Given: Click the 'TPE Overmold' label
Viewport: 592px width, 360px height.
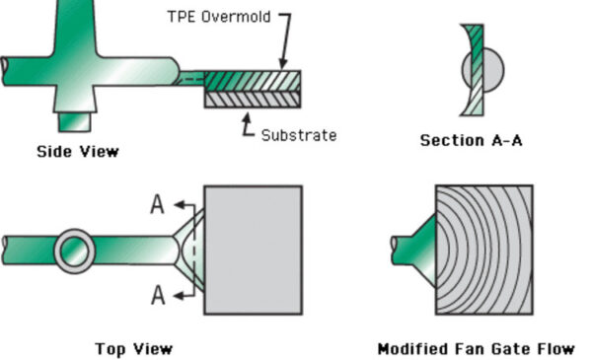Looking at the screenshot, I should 218,17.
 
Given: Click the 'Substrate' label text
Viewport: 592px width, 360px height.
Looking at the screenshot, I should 298,134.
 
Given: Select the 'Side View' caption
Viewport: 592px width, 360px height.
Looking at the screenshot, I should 78,151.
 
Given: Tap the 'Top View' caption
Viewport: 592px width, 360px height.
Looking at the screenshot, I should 133,348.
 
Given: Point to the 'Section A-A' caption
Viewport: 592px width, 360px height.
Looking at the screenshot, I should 471,140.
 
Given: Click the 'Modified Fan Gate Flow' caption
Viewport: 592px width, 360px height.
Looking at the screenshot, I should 476,348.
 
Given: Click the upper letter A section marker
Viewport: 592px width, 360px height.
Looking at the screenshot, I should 156,203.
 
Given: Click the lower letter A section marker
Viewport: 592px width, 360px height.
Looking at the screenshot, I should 156,295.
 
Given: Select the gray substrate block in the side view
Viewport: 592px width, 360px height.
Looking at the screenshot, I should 253,99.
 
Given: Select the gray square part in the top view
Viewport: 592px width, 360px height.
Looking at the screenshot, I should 253,250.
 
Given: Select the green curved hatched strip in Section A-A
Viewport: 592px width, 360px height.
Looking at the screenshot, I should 475,71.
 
